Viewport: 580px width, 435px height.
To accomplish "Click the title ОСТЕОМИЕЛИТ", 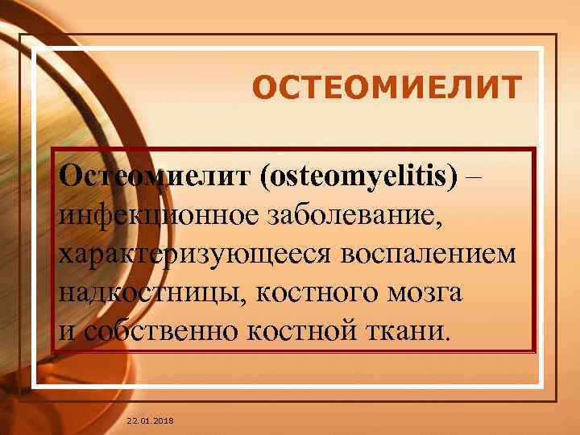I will tap(387, 87).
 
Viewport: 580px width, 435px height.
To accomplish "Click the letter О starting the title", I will tap(264, 87).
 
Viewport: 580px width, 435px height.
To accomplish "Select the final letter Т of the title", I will tap(511, 87).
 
